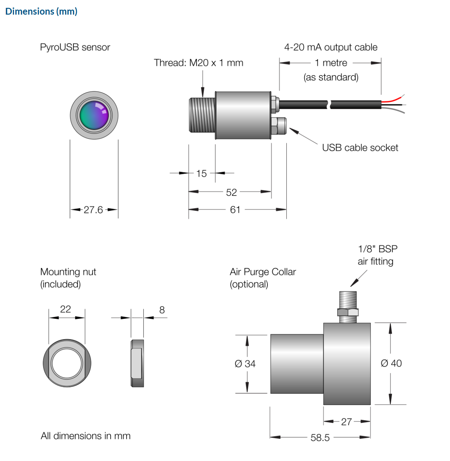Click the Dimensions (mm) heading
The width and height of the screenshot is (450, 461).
(x=41, y=11)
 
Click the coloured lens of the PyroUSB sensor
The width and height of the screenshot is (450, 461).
(x=94, y=115)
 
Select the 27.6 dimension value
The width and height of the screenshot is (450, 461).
(x=93, y=210)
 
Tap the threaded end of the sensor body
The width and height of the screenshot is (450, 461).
(x=202, y=115)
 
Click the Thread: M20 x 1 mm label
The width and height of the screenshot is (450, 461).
(x=199, y=63)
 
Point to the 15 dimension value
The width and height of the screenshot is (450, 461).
(x=201, y=173)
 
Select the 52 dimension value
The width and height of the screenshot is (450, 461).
(x=231, y=192)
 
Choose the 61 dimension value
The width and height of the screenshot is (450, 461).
(x=235, y=209)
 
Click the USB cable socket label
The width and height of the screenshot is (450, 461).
(x=360, y=148)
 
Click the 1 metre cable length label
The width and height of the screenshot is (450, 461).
(x=331, y=63)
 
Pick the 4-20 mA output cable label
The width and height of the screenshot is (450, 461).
(x=331, y=47)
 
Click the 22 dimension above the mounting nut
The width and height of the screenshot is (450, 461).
(x=66, y=309)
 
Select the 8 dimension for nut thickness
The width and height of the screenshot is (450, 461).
(x=162, y=310)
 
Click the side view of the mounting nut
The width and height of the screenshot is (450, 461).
(x=137, y=363)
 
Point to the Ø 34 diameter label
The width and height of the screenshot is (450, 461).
(x=245, y=364)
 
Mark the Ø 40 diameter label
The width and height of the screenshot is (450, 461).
(x=391, y=363)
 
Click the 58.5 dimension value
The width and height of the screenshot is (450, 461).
(x=320, y=437)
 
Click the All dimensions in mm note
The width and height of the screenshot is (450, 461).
(x=86, y=436)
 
